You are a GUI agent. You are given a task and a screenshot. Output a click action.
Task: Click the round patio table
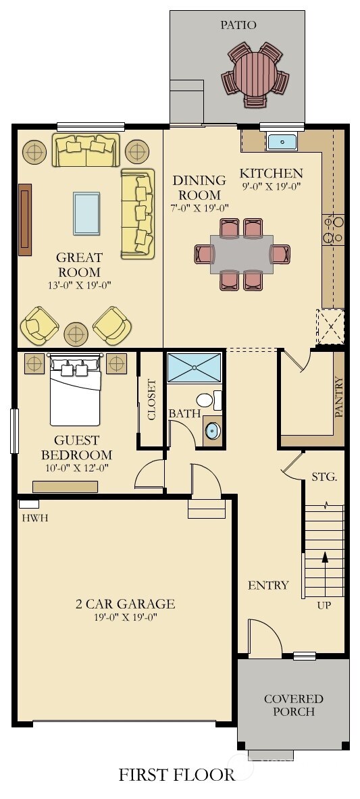pos(255,74)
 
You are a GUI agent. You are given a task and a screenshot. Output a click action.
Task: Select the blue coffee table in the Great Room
pos(86,213)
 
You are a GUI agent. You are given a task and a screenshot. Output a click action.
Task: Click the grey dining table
pos(241,254)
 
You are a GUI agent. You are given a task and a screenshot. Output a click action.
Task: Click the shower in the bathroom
pos(195,367)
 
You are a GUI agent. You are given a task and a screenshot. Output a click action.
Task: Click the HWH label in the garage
pos(35,518)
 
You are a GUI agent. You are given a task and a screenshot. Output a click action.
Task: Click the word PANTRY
pos(339,397)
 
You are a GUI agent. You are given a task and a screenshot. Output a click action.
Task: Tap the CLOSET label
pos(151,400)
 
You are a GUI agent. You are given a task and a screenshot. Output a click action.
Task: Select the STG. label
pos(324,477)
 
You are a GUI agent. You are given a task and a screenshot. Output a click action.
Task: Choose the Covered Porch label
pos(293,704)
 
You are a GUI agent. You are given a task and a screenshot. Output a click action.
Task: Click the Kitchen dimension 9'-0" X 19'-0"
pos(272,186)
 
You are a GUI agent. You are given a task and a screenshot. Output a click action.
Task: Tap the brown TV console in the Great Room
pos(25,220)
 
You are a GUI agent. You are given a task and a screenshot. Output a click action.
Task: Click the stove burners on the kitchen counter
pos(334,229)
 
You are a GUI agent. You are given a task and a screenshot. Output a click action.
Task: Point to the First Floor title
pos(177,775)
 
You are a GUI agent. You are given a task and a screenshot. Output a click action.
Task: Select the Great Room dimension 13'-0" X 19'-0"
pos(80,284)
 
